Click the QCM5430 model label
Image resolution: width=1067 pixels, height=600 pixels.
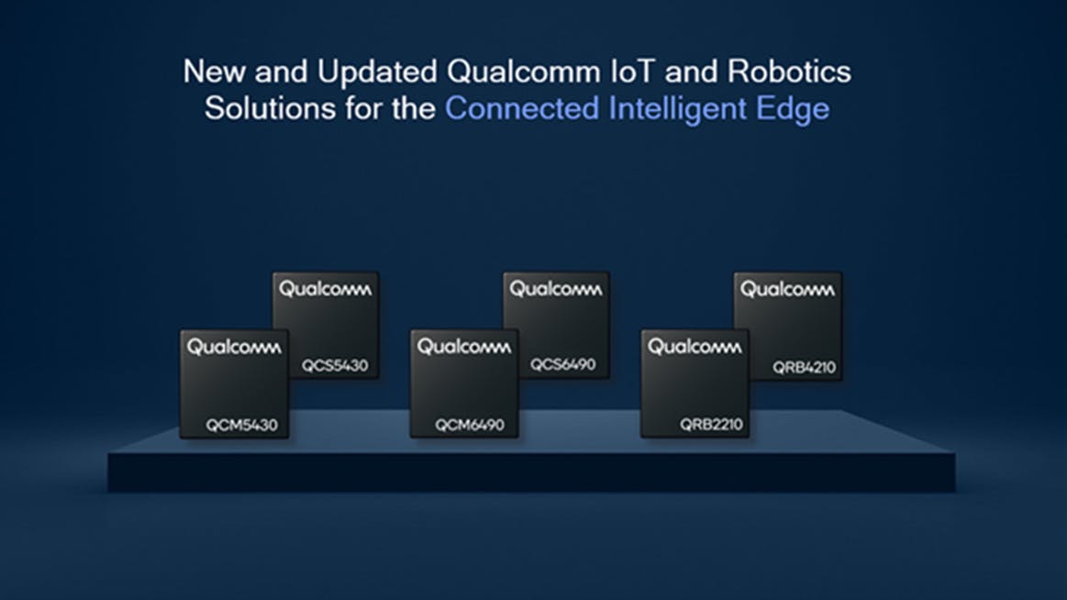[241, 425]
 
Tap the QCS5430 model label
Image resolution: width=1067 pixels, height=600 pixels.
[335, 365]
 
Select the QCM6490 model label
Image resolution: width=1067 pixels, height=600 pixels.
[470, 425]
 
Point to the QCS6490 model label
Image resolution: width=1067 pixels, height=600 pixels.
[562, 364]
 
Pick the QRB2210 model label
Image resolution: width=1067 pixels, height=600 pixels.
[711, 425]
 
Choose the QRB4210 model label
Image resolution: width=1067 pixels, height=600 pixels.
[804, 367]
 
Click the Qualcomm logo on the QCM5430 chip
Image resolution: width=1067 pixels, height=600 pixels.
[234, 347]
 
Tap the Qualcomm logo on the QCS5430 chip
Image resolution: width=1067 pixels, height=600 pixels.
[326, 289]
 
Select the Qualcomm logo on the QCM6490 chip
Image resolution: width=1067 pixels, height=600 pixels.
[464, 347]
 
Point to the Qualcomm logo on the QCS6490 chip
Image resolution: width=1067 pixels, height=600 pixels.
[556, 289]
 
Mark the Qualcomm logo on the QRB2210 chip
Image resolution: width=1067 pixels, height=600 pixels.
[695, 347]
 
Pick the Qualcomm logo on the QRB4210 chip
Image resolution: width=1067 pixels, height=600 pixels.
[787, 289]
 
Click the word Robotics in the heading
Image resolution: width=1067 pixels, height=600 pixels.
[789, 72]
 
